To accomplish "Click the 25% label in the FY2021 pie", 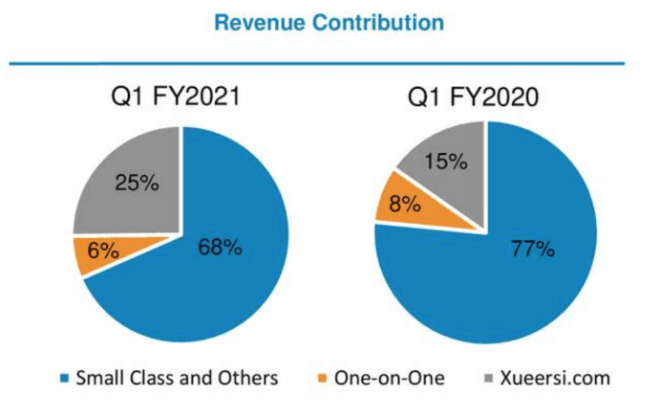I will click(x=137, y=183).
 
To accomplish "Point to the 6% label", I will click(x=102, y=252).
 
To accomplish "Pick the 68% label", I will click(x=220, y=248).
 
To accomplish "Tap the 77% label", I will click(x=531, y=250).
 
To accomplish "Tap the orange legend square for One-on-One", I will click(x=323, y=379).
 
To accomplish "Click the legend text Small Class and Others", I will click(x=179, y=378).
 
